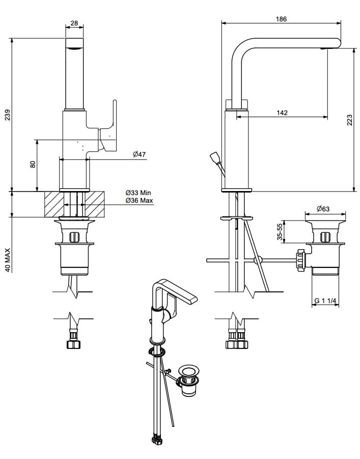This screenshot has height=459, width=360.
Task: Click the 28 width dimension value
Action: click(x=74, y=23)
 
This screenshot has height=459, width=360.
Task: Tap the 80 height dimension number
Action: click(x=33, y=165)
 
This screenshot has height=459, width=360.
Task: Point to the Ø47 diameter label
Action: click(x=140, y=154)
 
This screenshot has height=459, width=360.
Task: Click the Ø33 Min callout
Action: click(x=139, y=193)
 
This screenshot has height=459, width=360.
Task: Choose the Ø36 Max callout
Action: click(x=139, y=201)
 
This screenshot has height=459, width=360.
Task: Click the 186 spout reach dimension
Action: click(x=281, y=19)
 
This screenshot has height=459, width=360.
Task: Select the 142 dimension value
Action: click(x=283, y=113)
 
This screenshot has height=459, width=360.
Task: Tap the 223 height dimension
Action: click(x=350, y=120)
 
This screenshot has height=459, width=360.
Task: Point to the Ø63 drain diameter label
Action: click(x=323, y=209)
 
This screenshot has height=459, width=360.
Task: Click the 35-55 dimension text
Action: click(x=280, y=232)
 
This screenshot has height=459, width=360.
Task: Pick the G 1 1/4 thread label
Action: click(x=325, y=301)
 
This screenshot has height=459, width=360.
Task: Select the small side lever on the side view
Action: click(x=215, y=159)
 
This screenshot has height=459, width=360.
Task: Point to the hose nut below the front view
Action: click(x=74, y=344)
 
